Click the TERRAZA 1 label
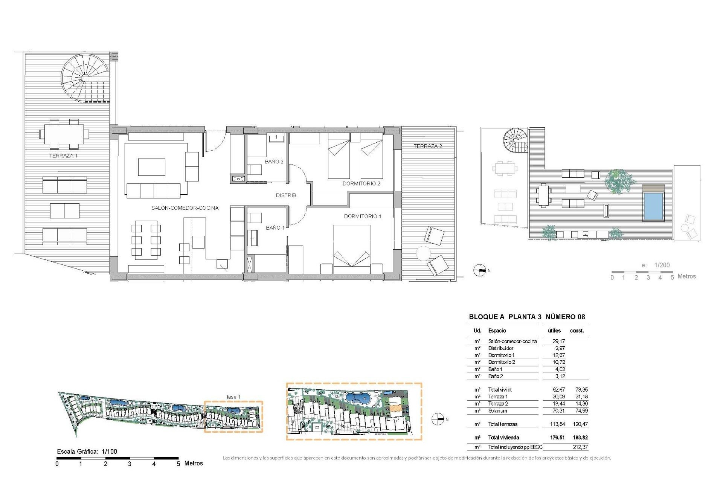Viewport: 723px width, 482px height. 63,156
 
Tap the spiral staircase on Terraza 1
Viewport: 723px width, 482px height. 85,78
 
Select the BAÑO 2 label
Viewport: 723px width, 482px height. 274,162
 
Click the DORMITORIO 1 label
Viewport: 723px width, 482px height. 362,216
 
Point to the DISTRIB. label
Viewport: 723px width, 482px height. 287,195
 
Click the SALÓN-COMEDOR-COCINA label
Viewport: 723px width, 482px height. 185,208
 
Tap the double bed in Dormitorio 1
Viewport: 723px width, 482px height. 352,249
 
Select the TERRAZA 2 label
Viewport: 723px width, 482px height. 427,146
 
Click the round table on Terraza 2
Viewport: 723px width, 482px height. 423,253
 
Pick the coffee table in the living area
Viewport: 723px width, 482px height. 151,167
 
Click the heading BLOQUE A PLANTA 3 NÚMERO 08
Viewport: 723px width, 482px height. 527,317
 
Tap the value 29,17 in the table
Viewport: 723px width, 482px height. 558,341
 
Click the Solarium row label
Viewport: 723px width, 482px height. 497,411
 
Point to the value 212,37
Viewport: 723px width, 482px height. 580,447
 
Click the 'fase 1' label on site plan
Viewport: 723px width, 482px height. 233,397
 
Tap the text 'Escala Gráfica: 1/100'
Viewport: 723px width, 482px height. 87,451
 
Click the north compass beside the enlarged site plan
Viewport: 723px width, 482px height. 438,419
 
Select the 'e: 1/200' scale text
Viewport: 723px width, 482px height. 656,265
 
